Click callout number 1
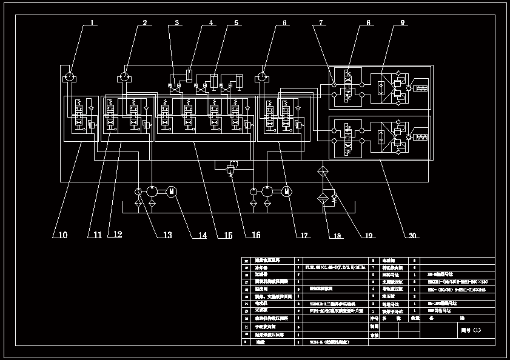coord(93,23)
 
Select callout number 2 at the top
coord(145,23)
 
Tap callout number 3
coord(177,23)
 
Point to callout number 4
coord(211,23)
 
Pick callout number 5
coord(236,23)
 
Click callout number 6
coord(284,23)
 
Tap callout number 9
coord(402,23)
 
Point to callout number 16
coord(256,235)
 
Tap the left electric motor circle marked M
coord(172,192)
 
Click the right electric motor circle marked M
coord(287,192)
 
